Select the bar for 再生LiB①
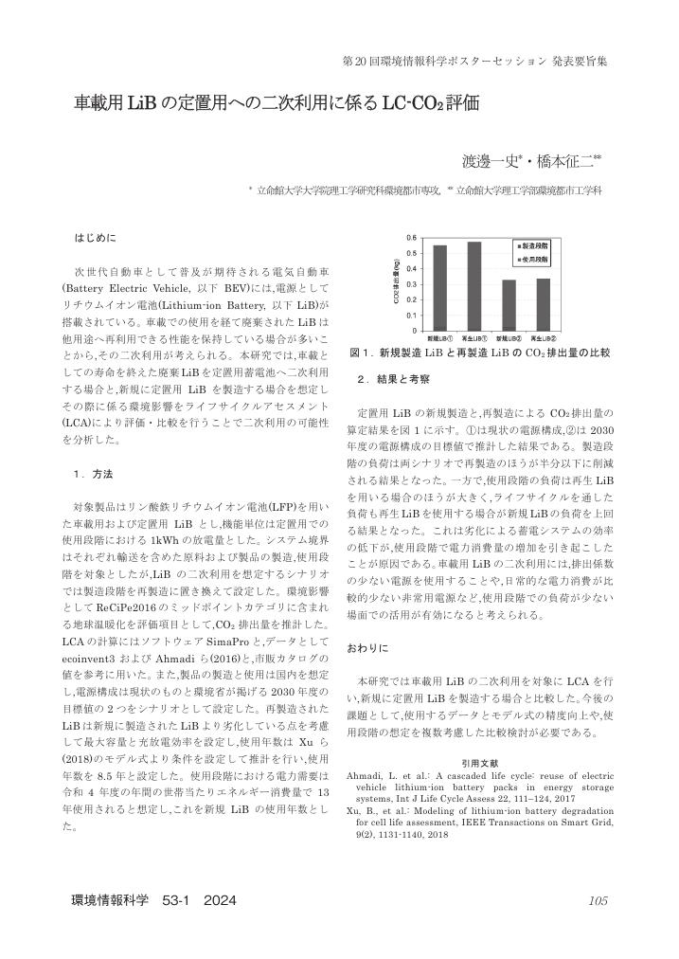[x=474, y=285]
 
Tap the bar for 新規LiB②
[x=509, y=304]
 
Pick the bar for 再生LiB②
[x=543, y=303]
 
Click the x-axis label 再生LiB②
[x=543, y=338]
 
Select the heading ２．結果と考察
[x=394, y=379]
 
